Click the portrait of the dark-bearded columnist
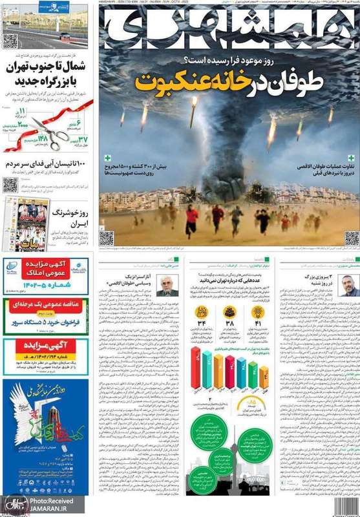point(348,285)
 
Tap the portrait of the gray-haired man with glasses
point(167,285)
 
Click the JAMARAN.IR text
point(50,509)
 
